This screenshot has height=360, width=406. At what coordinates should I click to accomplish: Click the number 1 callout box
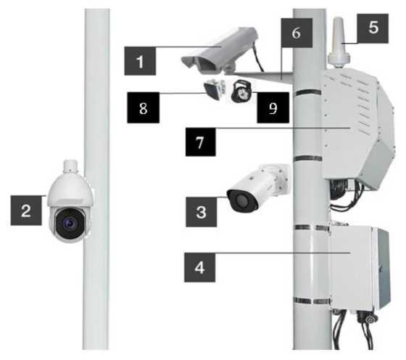click(140, 61)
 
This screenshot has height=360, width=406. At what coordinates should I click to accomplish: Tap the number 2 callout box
click(26, 210)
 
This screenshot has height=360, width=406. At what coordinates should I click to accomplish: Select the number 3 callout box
click(202, 212)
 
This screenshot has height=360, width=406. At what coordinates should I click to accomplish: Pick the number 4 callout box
click(199, 268)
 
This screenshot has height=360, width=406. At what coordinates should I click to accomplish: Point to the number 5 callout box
click(373, 28)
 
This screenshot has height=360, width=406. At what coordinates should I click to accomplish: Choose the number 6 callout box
click(297, 33)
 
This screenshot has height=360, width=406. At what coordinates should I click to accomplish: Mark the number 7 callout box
click(200, 142)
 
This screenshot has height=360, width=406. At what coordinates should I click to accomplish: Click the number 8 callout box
click(144, 107)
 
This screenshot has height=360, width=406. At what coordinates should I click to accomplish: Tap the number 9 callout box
click(273, 107)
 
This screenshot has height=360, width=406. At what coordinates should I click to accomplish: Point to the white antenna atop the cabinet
click(339, 43)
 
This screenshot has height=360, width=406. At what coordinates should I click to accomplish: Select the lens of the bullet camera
click(241, 201)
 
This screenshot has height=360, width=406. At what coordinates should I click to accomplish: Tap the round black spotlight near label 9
click(241, 91)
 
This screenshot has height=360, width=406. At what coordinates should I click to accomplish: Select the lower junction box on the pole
click(360, 269)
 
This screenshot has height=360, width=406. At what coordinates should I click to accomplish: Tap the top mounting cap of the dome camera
click(70, 166)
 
